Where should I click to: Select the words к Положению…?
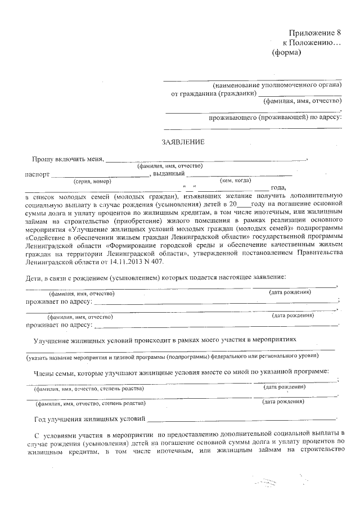point(311,43)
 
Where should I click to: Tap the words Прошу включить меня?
point(68,159)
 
